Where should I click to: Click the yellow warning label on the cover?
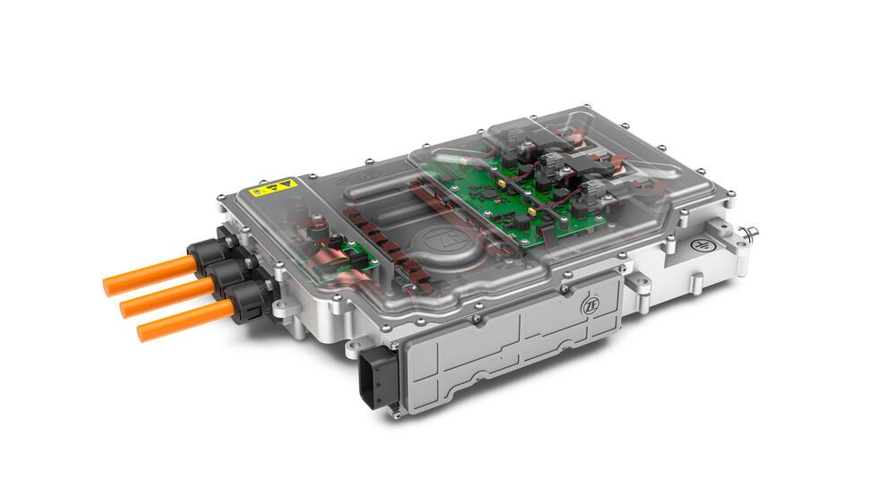(273, 187)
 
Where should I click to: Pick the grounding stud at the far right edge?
(750, 234)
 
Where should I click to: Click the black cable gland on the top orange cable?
(208, 256)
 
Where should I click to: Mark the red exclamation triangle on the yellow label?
(286, 184)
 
